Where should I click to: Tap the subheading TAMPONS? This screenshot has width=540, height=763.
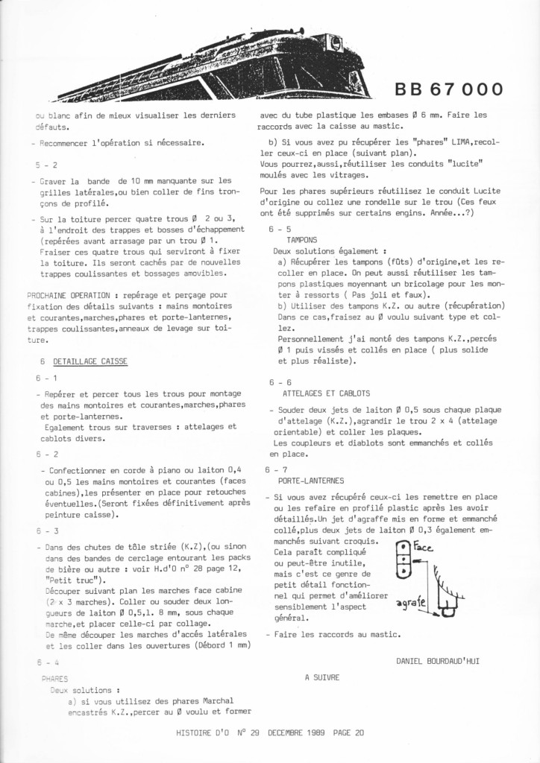[302, 240]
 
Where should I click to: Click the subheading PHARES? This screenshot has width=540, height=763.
[55, 679]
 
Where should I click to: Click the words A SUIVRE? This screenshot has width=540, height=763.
[322, 677]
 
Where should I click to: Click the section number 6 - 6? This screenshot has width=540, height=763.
[280, 381]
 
